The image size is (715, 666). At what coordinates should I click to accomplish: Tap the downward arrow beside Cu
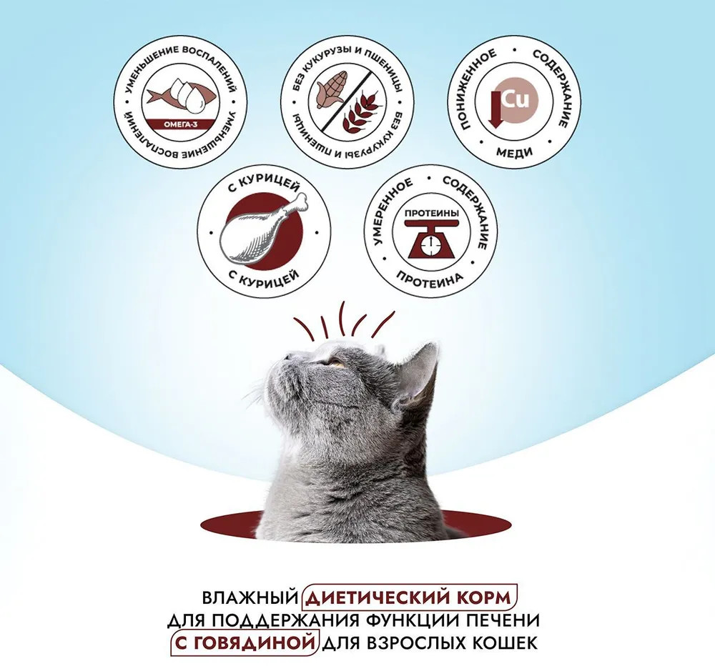495,110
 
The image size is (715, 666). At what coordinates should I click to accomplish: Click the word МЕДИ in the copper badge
514,151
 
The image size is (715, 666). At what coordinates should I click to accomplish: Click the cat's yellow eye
337,364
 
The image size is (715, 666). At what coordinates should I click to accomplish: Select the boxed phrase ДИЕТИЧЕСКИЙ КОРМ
410,597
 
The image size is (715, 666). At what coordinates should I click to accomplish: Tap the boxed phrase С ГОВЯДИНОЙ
245,643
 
